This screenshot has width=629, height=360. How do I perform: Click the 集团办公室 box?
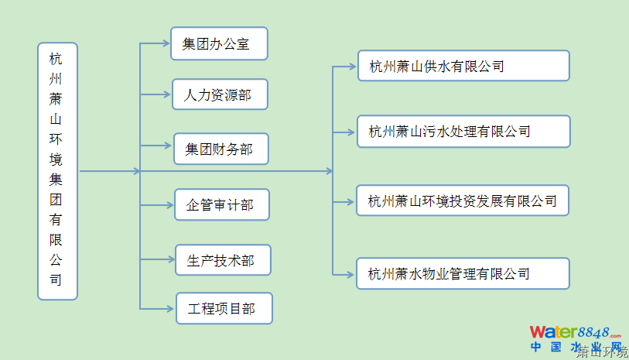tap(219, 44)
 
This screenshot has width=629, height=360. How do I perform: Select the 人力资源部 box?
tap(220, 95)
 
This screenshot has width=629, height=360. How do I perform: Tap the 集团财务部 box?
tap(220, 149)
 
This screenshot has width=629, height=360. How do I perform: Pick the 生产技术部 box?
tap(224, 260)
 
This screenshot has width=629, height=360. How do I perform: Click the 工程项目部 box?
tap(224, 309)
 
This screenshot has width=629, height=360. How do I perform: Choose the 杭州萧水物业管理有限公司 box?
tap(463, 273)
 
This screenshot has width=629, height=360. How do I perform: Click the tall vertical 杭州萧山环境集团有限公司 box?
tap(57, 171)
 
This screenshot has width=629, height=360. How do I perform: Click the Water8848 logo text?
tap(576, 333)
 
